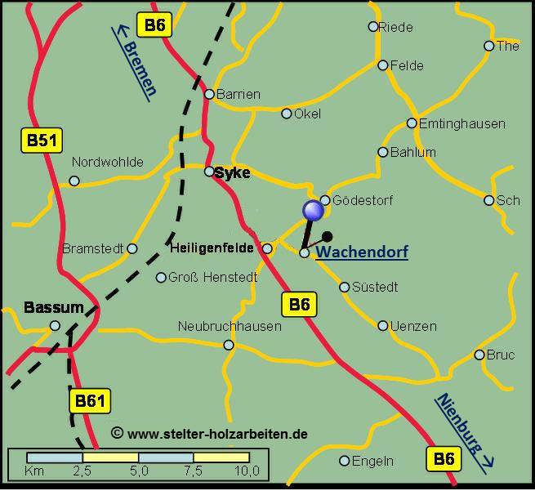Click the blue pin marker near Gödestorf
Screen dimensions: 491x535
point(313,211)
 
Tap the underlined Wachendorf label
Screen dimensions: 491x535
point(362,252)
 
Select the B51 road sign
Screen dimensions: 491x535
point(41,141)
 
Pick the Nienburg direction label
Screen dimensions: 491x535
point(462,431)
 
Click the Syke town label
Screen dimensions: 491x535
point(233,172)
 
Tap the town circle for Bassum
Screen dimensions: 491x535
point(55,325)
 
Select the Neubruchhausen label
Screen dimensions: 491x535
point(230,326)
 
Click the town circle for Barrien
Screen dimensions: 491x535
point(209,94)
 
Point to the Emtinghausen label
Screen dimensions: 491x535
point(461,123)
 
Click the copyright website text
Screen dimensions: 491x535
point(209,434)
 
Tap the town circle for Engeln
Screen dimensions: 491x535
point(345,461)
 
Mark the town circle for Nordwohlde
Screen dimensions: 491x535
point(74,181)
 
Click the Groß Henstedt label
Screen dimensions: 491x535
point(212,277)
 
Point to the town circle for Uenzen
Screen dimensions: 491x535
point(383,325)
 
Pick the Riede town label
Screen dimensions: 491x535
point(396,26)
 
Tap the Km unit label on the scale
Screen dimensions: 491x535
point(35,471)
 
